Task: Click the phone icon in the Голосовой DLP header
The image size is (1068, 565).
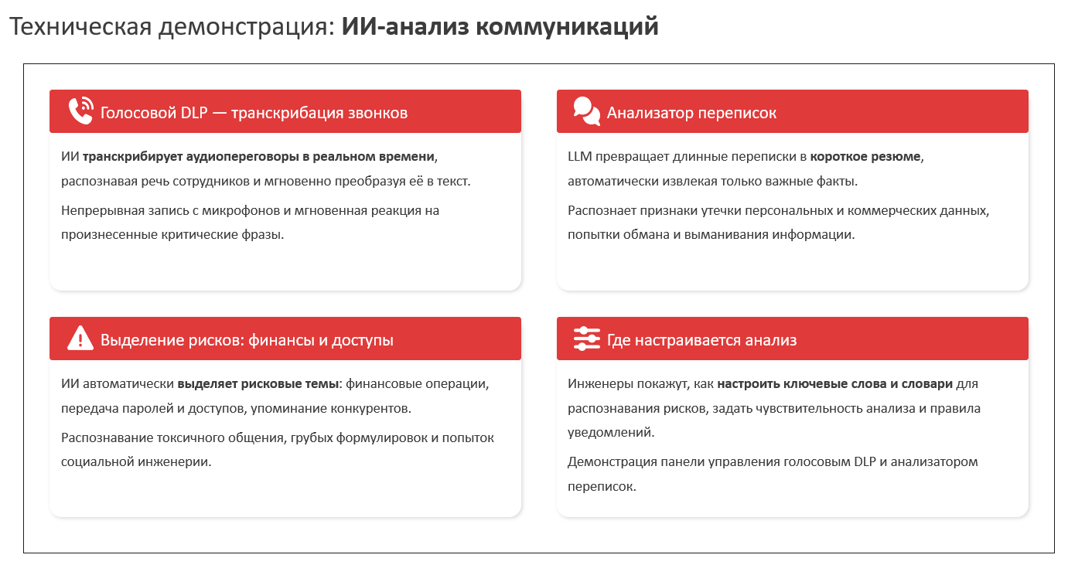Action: tap(80, 111)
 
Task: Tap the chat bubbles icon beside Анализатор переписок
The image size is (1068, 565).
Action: tap(586, 111)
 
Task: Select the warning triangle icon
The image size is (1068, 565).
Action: tap(80, 339)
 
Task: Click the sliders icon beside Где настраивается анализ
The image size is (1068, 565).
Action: tap(586, 339)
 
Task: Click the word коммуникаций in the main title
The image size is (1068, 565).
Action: tap(567, 26)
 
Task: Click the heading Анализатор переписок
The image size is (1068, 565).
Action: tap(691, 113)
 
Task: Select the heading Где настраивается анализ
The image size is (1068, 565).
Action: tap(701, 340)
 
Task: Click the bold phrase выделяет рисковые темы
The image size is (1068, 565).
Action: tap(258, 384)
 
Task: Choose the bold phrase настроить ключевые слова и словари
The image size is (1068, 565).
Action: tap(835, 384)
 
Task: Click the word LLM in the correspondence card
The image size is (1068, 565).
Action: tap(580, 157)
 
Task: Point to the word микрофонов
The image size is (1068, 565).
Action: tap(241, 210)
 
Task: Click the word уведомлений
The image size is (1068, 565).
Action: tap(611, 433)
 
